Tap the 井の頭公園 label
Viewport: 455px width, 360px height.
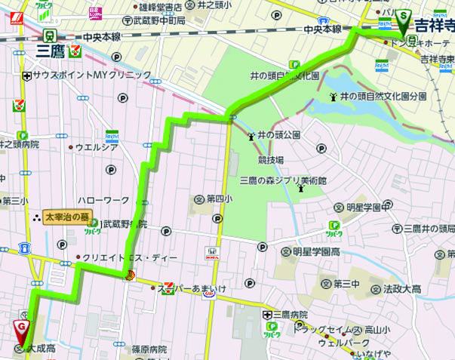pyautogui.click(x=279, y=135)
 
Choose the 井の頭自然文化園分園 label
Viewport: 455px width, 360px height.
pyautogui.click(x=383, y=97)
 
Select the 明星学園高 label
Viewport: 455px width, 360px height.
pyautogui.click(x=327, y=251)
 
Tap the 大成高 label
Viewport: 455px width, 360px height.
pyautogui.click(x=43, y=349)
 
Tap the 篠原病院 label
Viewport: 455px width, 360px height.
pyautogui.click(x=148, y=349)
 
